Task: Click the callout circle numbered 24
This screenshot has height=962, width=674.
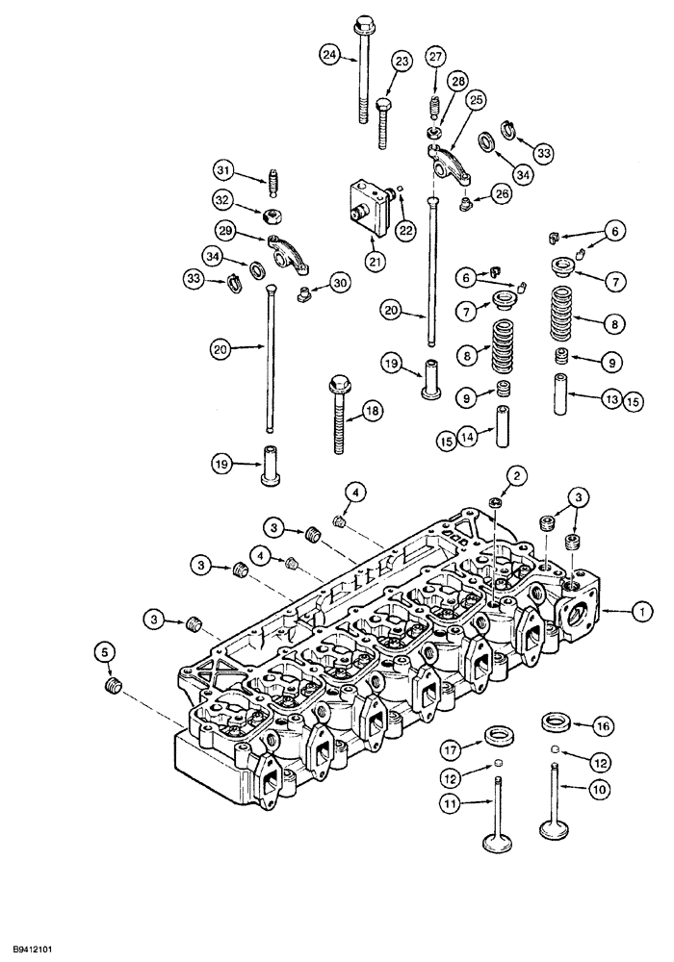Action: click(331, 55)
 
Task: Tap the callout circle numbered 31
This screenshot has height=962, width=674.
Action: click(223, 170)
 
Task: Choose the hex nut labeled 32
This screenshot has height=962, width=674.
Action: click(272, 212)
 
